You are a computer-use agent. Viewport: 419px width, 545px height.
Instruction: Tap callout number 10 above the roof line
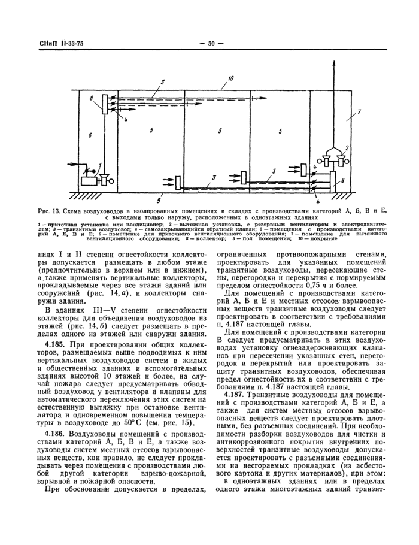pos(231,78)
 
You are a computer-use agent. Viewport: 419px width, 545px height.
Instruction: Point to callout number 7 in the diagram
pos(359,112)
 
